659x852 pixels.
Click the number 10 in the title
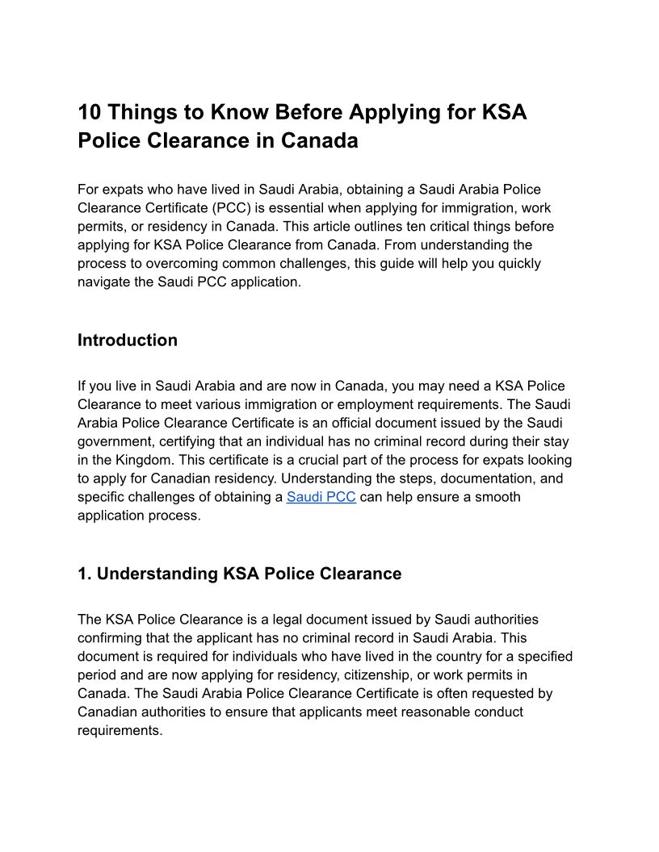coord(89,111)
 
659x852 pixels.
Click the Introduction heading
coord(128,340)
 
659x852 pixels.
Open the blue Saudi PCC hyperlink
coord(321,497)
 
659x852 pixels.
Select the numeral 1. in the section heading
coord(85,574)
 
